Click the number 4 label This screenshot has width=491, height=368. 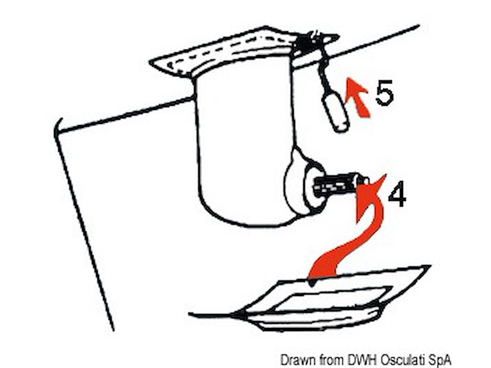tap(397, 193)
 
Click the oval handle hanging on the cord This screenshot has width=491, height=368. tap(335, 112)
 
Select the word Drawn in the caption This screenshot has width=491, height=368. tap(296, 359)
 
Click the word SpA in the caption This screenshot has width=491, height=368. tap(440, 360)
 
